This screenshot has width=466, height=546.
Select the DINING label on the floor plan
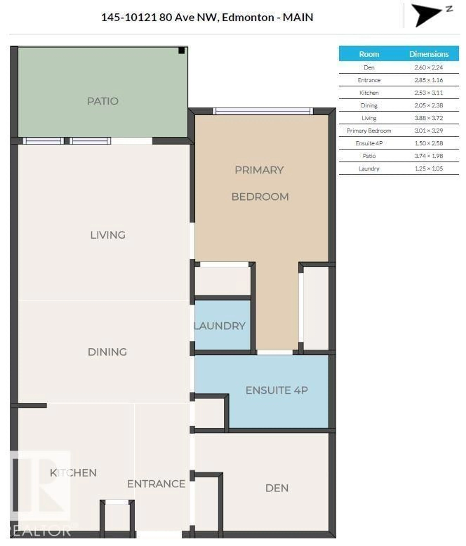coord(107,352)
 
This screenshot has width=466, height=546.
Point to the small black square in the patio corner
coord(181,50)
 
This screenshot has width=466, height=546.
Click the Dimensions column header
coord(429,54)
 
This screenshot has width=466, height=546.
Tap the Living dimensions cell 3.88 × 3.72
coord(429,118)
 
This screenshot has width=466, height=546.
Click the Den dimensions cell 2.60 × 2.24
coord(429,67)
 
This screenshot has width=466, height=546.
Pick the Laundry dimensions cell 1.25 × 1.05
coord(429,169)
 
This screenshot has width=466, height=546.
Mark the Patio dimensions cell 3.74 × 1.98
coord(429,156)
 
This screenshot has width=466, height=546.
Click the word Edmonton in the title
coord(248,17)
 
